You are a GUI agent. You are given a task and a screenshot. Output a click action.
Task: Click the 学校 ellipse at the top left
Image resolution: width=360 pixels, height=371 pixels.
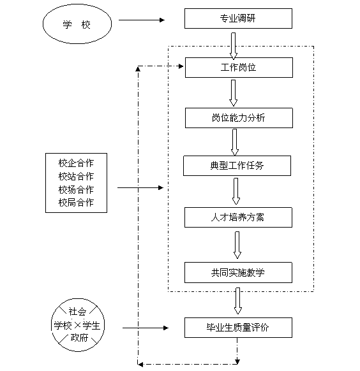pos(77,24)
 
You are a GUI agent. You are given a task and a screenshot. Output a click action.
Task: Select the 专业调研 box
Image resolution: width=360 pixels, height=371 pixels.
pos(238,18)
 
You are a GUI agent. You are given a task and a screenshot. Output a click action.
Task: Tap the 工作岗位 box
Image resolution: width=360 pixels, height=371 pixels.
pos(239,68)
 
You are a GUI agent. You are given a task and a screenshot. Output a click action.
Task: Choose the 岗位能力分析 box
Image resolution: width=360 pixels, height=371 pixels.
pos(239,118)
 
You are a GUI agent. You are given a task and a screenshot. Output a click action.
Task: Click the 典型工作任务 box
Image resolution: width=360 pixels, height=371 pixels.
pos(237,166)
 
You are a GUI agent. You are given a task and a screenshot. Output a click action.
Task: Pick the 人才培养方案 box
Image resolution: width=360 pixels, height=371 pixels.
pos(238,217)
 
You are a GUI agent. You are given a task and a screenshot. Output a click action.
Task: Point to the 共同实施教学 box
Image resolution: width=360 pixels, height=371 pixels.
pos(238,272)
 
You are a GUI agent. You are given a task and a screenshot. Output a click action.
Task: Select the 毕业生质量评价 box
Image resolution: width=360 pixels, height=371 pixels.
pos(238,328)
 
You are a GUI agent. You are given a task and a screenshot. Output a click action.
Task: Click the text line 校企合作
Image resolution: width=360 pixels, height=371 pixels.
pos(76,163)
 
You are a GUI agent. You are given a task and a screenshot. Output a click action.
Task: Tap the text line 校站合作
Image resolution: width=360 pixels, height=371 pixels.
pos(76,177)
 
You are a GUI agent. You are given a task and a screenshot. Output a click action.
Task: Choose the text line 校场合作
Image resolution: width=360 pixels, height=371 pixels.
pos(76,189)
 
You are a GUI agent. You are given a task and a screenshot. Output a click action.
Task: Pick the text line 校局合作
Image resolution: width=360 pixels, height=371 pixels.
pos(76,203)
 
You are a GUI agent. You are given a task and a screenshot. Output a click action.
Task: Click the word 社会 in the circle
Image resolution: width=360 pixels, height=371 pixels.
pos(77,312)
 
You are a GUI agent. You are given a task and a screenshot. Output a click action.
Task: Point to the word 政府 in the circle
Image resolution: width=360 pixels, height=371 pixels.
pos(79,338)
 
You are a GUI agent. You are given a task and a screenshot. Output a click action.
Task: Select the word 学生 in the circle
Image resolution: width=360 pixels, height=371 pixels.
pos(91,326)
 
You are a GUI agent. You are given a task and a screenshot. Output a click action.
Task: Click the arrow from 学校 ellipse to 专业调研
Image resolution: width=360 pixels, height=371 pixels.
pos(142,20)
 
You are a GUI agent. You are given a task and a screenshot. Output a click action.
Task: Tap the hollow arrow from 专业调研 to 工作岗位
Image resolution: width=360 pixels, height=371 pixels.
pos(233,46)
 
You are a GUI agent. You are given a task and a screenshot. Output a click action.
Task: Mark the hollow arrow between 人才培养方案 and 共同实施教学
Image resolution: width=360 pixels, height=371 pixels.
pos(237,245)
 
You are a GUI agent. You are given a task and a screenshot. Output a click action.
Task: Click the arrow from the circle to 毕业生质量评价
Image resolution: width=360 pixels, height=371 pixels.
pos(146,328)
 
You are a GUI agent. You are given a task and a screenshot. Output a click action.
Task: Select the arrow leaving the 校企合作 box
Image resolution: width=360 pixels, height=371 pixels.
pos(140,187)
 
